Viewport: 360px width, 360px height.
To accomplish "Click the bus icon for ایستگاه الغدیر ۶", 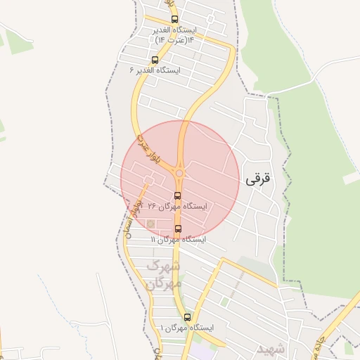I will click(x=155, y=60).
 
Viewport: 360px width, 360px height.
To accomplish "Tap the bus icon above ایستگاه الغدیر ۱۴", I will click(x=174, y=20).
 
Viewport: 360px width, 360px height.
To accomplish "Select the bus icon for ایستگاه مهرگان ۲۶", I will click(x=177, y=196).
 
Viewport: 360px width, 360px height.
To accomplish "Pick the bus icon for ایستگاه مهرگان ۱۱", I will click(x=177, y=229).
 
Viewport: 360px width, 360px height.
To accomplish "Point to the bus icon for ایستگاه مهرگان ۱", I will click(x=186, y=317).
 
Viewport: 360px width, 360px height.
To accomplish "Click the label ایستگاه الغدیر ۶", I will click(x=155, y=70).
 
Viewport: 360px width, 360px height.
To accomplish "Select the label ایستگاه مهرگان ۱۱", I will click(x=178, y=240).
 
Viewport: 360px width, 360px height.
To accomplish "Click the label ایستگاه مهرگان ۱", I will click(x=186, y=328).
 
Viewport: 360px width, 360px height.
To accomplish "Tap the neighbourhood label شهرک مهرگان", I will click(x=165, y=275).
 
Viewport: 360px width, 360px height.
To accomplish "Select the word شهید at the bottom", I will click(x=269, y=349).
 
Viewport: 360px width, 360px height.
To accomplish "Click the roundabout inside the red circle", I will click(x=180, y=173).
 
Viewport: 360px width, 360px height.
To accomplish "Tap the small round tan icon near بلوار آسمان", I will click(x=150, y=224).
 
